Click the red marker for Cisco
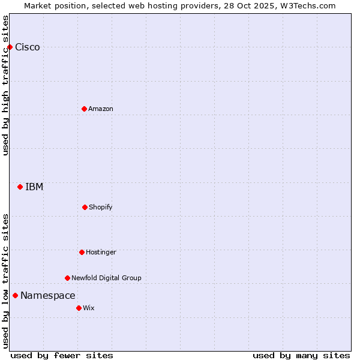[x=10, y=47]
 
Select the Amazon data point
[x=84, y=109]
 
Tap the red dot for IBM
[x=20, y=187]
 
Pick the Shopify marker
[x=85, y=207]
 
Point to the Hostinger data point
[x=82, y=252]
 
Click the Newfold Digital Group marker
[x=67, y=278]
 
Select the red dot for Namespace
[x=15, y=295]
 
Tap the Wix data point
[x=79, y=308]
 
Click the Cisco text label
[x=28, y=47]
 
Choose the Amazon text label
[x=101, y=109]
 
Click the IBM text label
[x=34, y=187]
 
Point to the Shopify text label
[x=101, y=208]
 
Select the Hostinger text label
[x=101, y=253]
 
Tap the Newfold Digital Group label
[x=106, y=278]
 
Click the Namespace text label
[x=48, y=296]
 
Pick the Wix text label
[x=89, y=308]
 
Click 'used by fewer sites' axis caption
[x=62, y=355]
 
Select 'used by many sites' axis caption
[x=301, y=355]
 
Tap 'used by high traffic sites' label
[x=5, y=86]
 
